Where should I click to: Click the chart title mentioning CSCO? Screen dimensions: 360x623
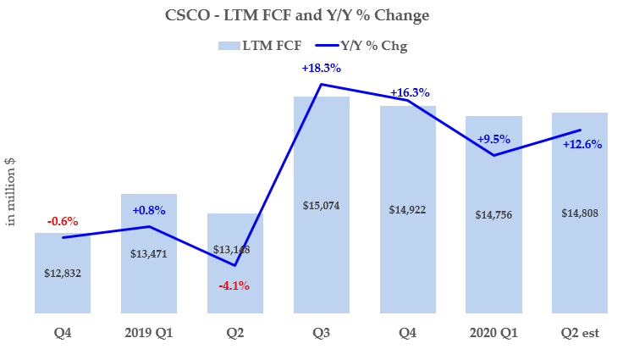click(311, 14)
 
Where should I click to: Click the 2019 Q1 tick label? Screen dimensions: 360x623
click(149, 333)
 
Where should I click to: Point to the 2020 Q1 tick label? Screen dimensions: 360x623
click(494, 333)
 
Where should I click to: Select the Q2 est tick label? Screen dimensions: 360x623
click(580, 333)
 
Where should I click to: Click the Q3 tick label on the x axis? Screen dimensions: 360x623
click(322, 333)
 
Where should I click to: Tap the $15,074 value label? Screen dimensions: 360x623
click(322, 206)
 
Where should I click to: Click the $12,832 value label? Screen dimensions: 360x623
click(63, 273)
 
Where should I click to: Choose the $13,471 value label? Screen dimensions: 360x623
click(149, 253)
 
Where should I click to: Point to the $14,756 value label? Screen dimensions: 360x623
click(494, 214)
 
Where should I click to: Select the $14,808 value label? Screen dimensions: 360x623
click(580, 213)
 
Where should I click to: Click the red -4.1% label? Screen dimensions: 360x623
click(234, 285)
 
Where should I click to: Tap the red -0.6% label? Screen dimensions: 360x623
click(63, 221)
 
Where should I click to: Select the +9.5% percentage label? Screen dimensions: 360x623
click(493, 139)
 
